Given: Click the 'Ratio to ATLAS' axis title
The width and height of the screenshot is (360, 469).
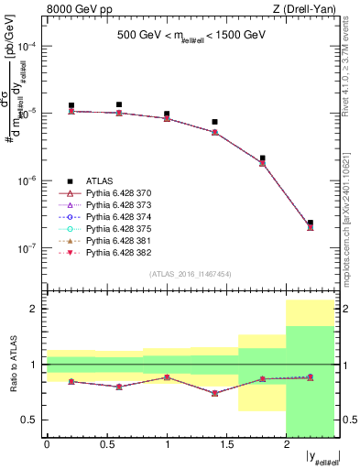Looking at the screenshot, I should (11, 365).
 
